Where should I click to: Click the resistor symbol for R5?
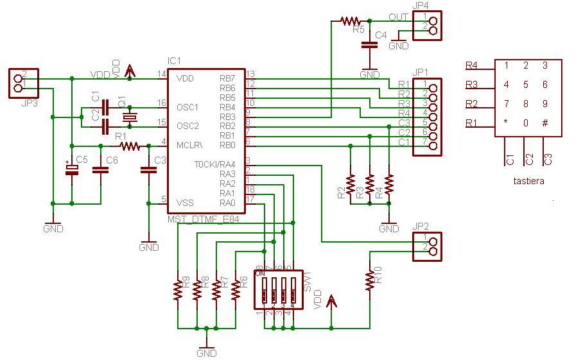pyautogui.click(x=351, y=21)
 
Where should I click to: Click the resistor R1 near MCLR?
pyautogui.click(x=130, y=146)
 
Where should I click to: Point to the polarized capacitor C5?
pyautogui.click(x=72, y=169)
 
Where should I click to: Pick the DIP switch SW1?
pyautogui.click(x=277, y=289)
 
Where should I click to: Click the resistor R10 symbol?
pyautogui.click(x=370, y=280)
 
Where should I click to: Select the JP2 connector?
pyautogui.click(x=428, y=246)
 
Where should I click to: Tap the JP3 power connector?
pyautogui.click(x=22, y=83)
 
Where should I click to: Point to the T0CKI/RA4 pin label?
pyautogui.click(x=215, y=165)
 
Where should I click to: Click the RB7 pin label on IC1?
pyautogui.click(x=227, y=78)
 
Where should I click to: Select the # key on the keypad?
pyautogui.click(x=545, y=123)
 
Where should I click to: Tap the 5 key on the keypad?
pyautogui.click(x=526, y=85)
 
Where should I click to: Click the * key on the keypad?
pyautogui.click(x=506, y=123)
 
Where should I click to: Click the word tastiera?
pyautogui.click(x=528, y=181)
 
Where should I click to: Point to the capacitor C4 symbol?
pyautogui.click(x=369, y=45)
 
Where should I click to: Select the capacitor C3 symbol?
pyautogui.click(x=149, y=170)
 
